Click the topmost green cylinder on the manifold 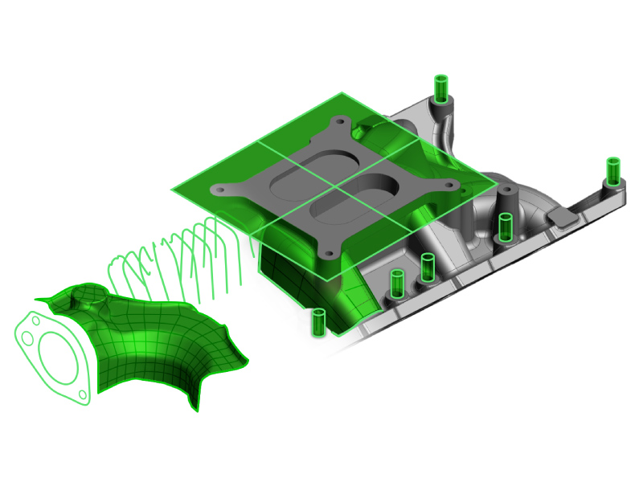pyautogui.click(x=440, y=86)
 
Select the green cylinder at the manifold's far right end pyautogui.click(x=613, y=170)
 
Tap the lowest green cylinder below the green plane pyautogui.click(x=318, y=322)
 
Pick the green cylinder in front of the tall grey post pyautogui.click(x=505, y=227)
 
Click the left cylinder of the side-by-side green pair pyautogui.click(x=396, y=284)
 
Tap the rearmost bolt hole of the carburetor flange pyautogui.click(x=342, y=122)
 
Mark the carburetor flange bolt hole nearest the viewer pyautogui.click(x=330, y=255)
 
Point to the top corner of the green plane pyautogui.click(x=345, y=93)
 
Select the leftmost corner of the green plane pyautogui.click(x=171, y=191)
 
